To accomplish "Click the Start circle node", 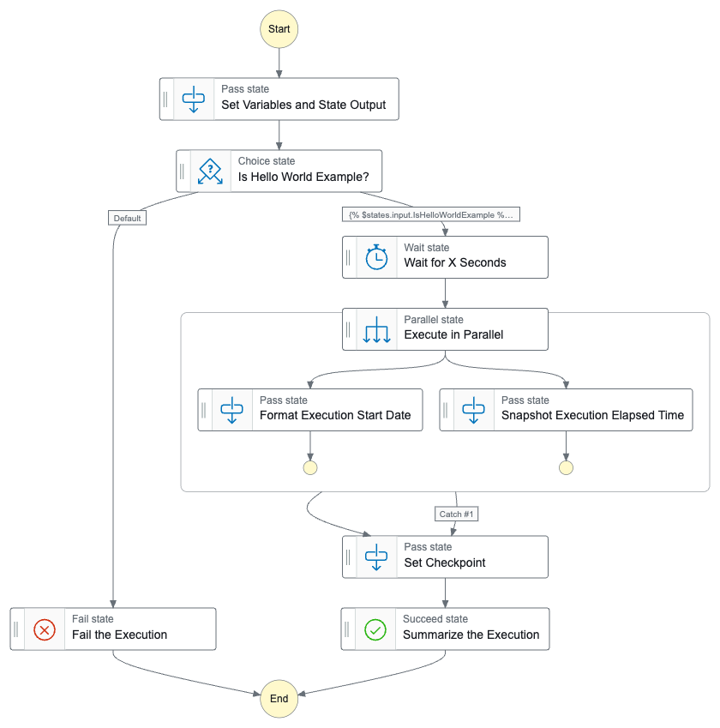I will click(279, 29).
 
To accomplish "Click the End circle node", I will click(279, 698).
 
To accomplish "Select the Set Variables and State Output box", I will click(279, 99).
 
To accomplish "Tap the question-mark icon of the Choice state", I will click(210, 170).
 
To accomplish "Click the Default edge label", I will click(127, 218).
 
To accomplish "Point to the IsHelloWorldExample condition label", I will click(431, 214).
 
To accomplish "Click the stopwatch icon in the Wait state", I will click(376, 256).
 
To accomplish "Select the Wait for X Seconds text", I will click(455, 263).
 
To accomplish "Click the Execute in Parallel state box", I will click(445, 328).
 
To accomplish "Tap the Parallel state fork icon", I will click(376, 328).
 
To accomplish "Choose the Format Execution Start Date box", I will click(310, 409).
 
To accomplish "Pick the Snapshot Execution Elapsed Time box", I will click(566, 409).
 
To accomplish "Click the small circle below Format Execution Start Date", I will click(310, 467).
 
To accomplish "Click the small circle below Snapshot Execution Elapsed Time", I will click(566, 467).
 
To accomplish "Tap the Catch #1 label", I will click(456, 514).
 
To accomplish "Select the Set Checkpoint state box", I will click(445, 557).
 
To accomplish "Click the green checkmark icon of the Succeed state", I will click(375, 629).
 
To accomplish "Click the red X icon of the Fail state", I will click(45, 629).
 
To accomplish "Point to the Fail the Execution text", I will click(119, 635).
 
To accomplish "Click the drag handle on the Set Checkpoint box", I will click(349, 557).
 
